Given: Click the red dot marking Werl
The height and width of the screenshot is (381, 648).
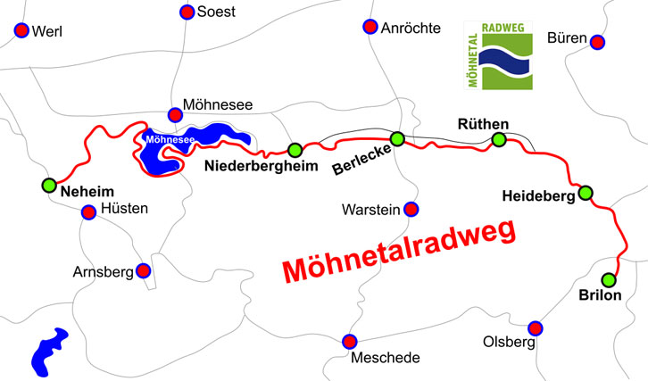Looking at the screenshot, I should (21, 30).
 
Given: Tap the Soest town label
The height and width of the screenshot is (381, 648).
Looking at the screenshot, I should (216, 12).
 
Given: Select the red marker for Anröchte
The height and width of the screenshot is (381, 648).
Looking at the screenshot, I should (370, 27).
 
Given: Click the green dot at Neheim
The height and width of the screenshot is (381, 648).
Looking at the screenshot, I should (49, 186).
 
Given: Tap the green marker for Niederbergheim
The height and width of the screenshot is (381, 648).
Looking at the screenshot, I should (295, 149).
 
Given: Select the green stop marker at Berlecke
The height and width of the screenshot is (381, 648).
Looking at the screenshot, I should (397, 138).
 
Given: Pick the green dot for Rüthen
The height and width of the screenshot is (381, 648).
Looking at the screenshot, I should (499, 139).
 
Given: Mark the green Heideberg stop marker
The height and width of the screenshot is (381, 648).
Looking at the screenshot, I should (586, 193).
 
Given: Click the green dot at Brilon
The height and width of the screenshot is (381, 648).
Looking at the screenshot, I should (608, 278).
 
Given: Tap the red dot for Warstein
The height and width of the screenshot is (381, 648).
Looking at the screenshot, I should (411, 210).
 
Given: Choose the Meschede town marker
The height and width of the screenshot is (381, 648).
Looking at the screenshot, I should (349, 341).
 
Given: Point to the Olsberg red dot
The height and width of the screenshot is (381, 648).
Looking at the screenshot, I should (536, 327).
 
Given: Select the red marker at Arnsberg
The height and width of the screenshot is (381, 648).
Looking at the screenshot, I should (143, 270).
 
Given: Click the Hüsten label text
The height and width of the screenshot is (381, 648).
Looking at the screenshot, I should (125, 211).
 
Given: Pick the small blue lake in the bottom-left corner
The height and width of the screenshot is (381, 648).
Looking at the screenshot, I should (49, 351).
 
